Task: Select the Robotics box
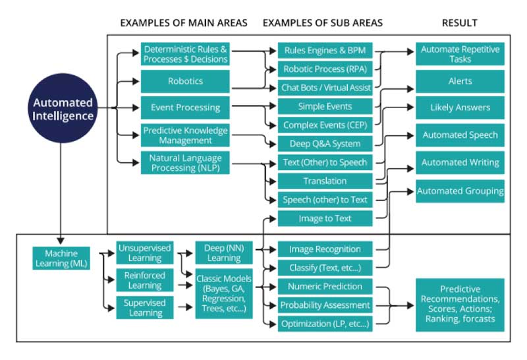tap(185, 82)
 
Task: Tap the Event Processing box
tap(185, 107)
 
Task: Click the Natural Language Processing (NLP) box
tap(185, 162)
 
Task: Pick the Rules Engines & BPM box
tap(325, 51)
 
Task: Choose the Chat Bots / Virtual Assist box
tap(325, 88)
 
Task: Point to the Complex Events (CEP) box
tap(325, 125)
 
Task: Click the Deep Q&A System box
tap(325, 144)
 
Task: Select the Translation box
tap(325, 181)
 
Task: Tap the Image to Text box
tap(325, 218)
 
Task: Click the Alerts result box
tap(460, 81)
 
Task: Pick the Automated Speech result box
tap(460, 135)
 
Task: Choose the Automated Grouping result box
tap(460, 191)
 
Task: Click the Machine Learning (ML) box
tap(61, 258)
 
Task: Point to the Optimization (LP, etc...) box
tap(325, 324)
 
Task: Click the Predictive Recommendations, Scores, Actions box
tap(460, 305)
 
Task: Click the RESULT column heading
tap(460, 23)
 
